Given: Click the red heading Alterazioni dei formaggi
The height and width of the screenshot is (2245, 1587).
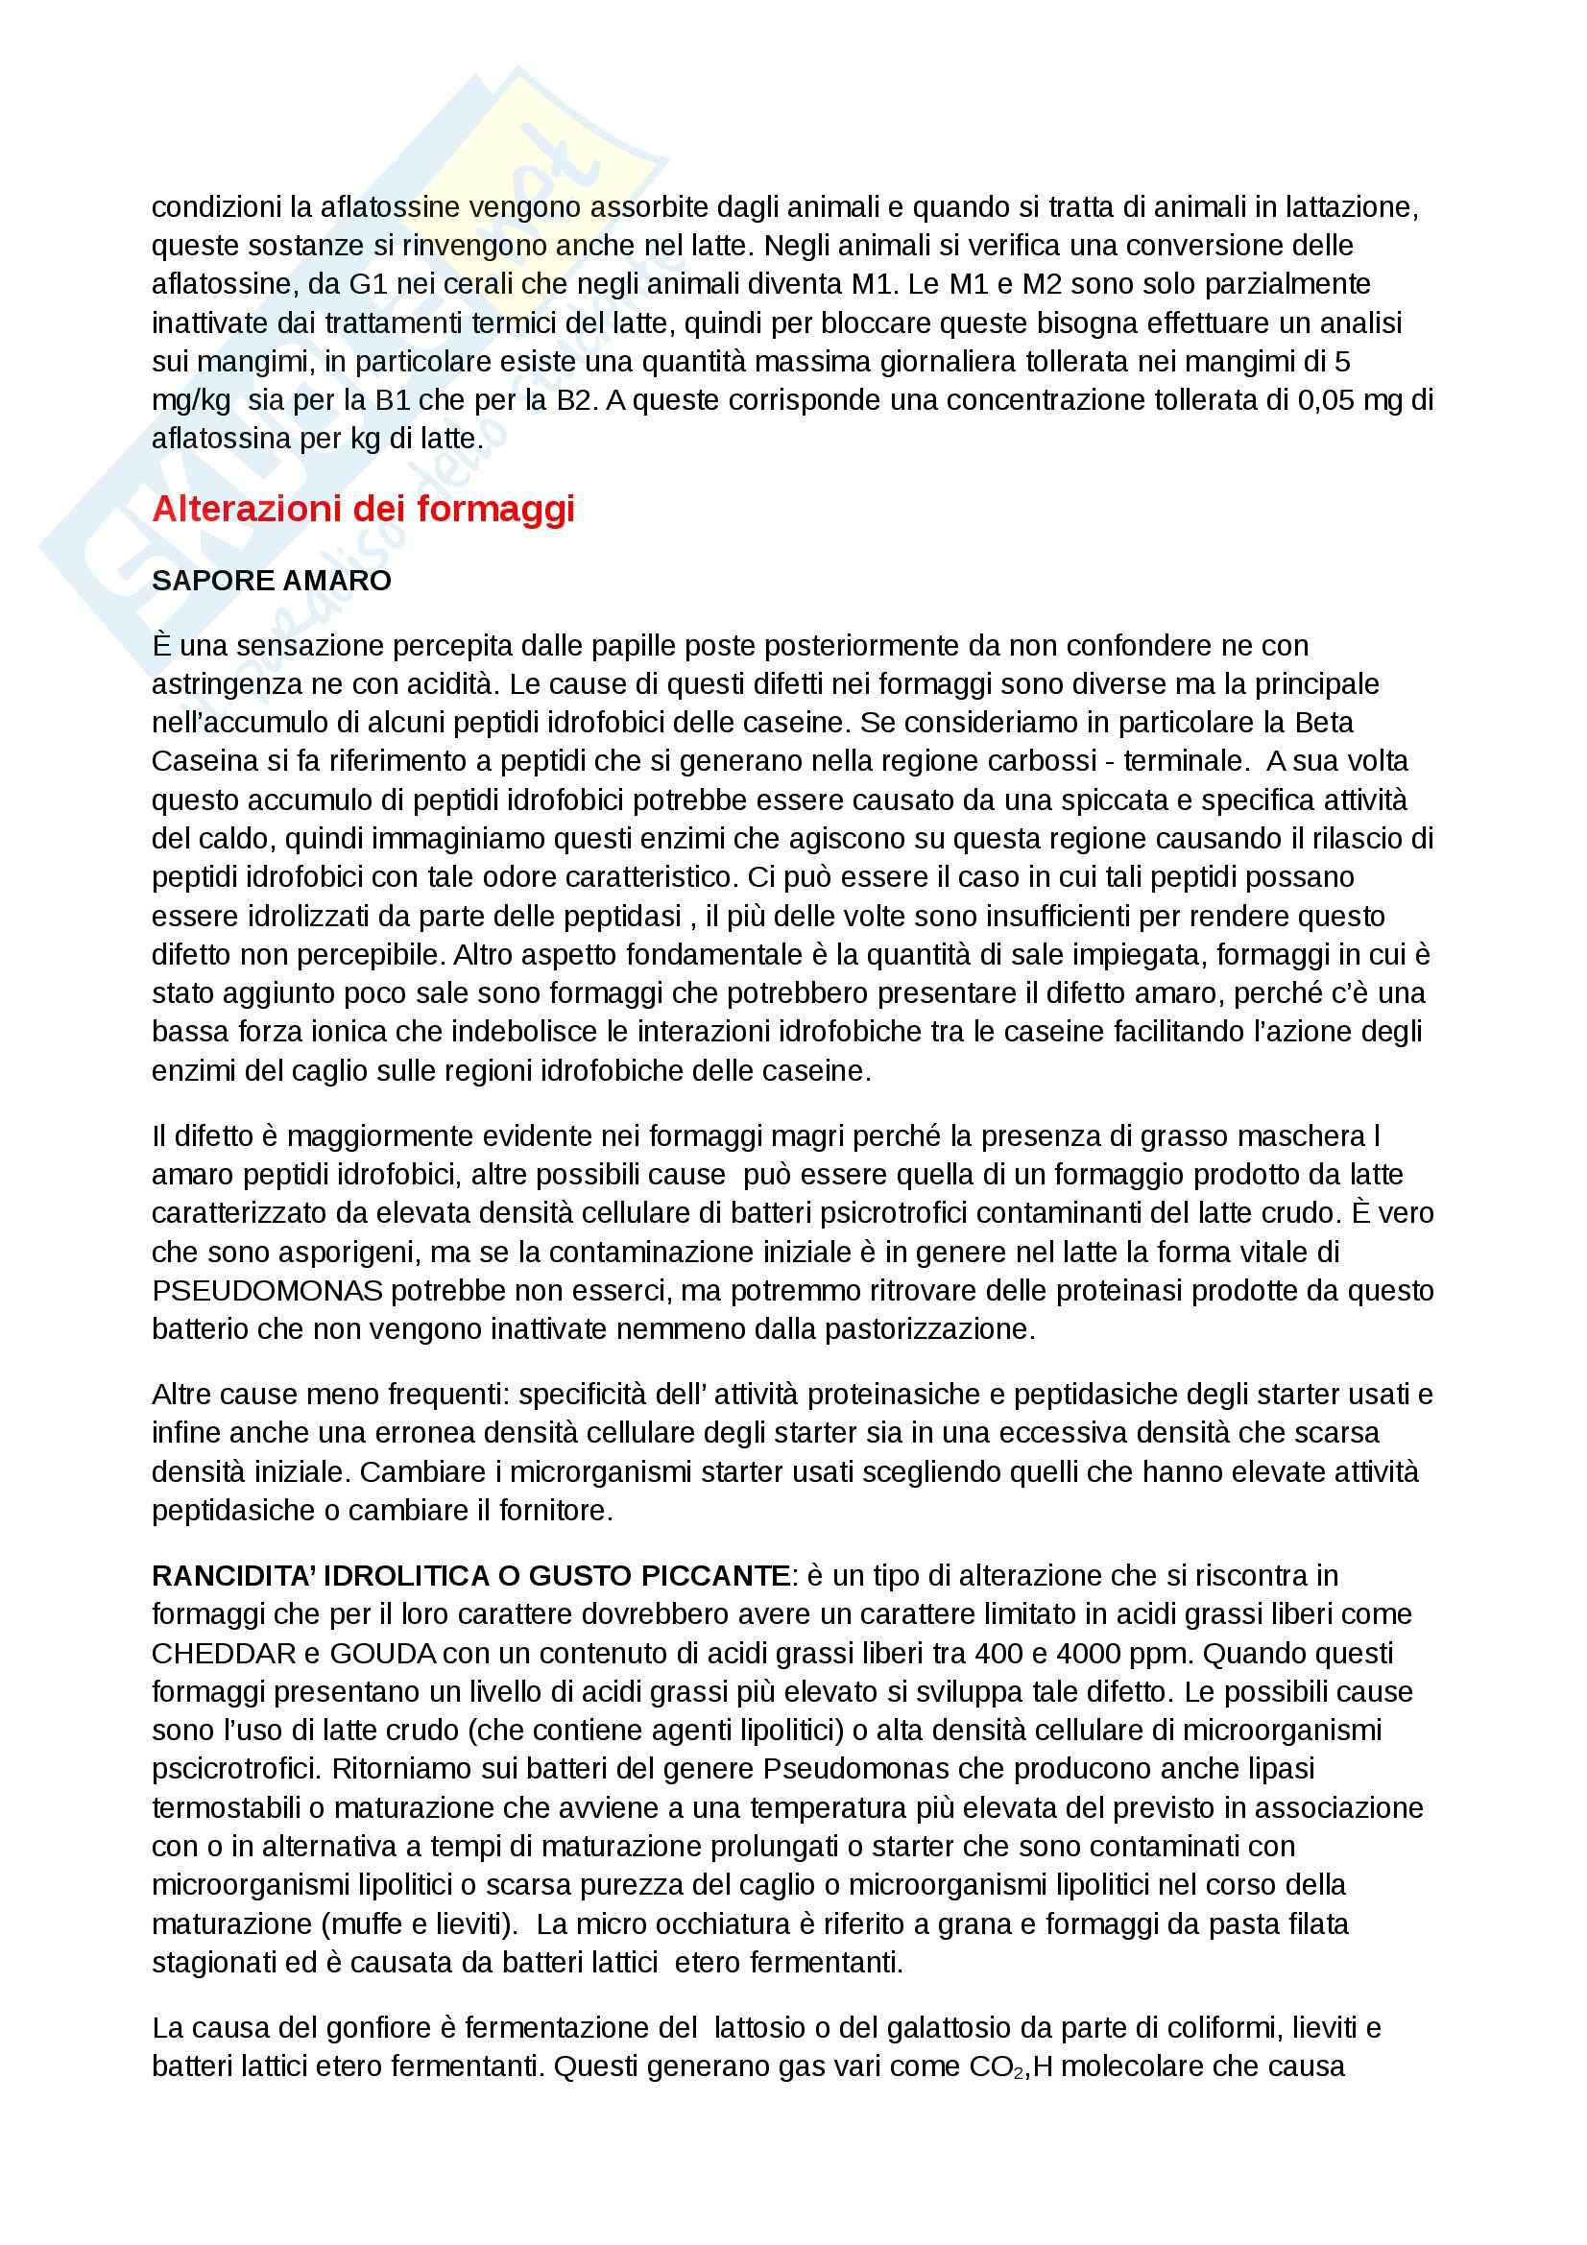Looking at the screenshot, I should click(x=363, y=510).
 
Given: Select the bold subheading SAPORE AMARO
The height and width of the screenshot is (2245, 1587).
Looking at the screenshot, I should click(x=271, y=581).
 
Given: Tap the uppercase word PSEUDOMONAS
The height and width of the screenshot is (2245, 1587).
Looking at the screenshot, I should click(x=267, y=1291).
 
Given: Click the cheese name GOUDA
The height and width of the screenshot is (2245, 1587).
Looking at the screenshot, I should click(x=382, y=1654).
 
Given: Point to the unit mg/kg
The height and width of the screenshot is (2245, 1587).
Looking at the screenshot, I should click(x=191, y=401).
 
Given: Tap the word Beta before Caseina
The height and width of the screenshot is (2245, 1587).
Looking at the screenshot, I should click(x=1325, y=723).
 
